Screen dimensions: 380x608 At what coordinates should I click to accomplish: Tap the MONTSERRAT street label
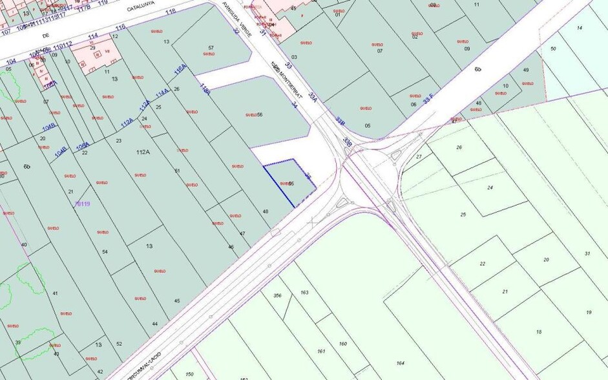[x=286, y=75]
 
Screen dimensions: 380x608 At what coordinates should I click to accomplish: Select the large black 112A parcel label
[x=143, y=153]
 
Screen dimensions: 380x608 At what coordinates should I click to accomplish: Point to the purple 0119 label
[x=83, y=204]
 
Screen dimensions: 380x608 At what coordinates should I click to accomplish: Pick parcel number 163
[x=304, y=293]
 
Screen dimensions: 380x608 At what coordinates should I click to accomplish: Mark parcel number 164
[x=400, y=363]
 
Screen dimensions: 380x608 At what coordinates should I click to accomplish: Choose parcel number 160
[x=343, y=343]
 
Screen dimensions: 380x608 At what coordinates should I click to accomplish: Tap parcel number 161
[x=321, y=351]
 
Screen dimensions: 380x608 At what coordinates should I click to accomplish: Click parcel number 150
[x=189, y=374]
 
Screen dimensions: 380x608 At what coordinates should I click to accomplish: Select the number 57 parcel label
[x=211, y=48]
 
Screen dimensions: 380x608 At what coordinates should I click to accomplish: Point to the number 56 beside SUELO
[x=260, y=114]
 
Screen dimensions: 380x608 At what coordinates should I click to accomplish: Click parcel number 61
[x=177, y=171]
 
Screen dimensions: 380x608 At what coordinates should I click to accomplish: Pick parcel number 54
[x=105, y=251]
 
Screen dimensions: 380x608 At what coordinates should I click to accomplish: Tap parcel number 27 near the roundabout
[x=419, y=156]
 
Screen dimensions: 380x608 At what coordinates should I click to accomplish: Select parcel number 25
[x=463, y=214]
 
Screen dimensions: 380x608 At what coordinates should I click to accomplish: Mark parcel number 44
[x=154, y=323]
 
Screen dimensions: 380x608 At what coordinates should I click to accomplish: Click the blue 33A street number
[x=313, y=94]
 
